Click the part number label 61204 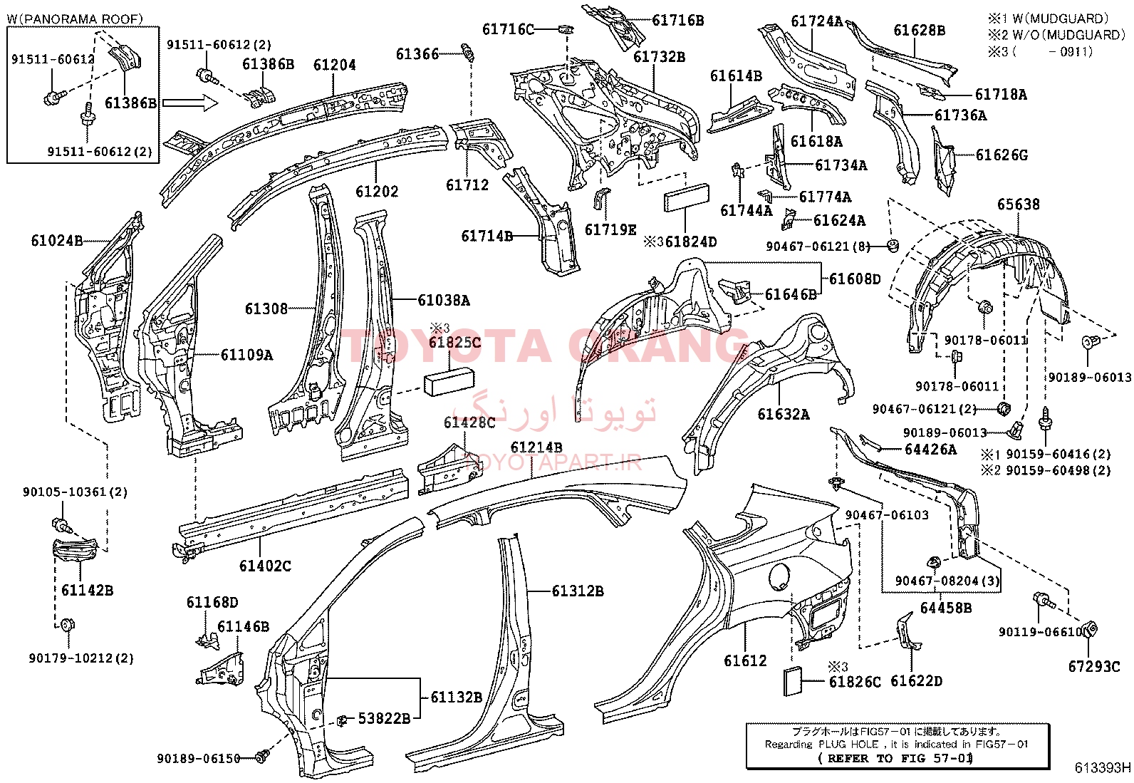point(334,65)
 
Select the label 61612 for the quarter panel point(745,660)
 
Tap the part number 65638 point(1019,204)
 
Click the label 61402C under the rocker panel point(265,565)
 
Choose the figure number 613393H point(1103,768)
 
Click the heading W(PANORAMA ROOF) point(75,19)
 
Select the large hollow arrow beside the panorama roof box point(190,104)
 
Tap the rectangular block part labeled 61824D point(687,198)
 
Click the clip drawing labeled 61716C point(566,29)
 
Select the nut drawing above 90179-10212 point(66,625)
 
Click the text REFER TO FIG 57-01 point(898,758)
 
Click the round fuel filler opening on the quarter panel point(779,576)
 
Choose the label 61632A point(783,414)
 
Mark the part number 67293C point(1095,666)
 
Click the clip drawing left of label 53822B point(342,719)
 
